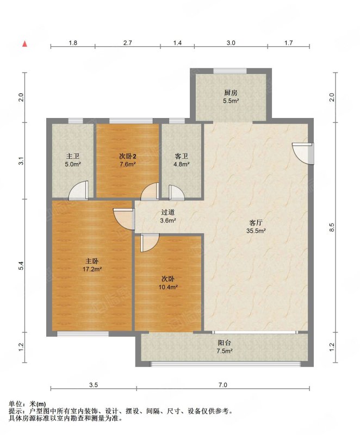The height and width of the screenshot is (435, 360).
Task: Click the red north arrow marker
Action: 25,43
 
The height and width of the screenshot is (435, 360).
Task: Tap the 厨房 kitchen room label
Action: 231,92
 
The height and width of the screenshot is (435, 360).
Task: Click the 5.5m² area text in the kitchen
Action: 231,101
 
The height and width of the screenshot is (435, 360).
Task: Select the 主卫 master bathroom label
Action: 73,156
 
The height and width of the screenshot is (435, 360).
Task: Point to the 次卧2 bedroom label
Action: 128,156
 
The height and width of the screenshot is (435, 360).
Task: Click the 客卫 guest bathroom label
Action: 182,156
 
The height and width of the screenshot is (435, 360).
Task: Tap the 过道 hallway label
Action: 168,213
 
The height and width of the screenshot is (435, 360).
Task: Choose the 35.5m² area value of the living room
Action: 256,231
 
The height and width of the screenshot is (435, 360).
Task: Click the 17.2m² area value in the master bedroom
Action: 92,269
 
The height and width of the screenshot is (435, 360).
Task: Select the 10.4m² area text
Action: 168,287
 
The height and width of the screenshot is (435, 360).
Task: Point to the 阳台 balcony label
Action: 225,343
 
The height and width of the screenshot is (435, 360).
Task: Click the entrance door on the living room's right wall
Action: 303,153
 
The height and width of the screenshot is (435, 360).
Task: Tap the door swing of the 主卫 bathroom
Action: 78,190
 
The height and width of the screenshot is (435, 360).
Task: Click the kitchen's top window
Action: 230,71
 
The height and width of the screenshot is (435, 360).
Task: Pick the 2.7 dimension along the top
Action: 128,43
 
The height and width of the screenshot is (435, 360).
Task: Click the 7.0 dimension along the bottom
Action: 223,385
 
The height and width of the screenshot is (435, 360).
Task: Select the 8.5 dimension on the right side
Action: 332,227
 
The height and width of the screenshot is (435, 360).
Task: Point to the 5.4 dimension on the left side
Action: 21,266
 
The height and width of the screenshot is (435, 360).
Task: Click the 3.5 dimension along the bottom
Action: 94,385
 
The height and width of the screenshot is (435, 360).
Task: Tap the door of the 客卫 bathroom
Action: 176,192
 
